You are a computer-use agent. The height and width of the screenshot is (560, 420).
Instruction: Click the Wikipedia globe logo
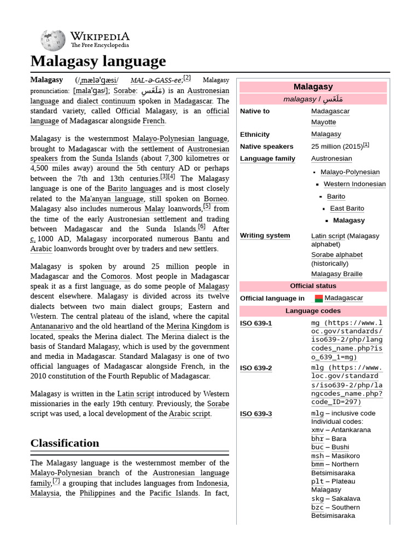53,39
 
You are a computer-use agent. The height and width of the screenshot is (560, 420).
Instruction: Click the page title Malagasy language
98,61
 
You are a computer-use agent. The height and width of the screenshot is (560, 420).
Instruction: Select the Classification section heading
65,443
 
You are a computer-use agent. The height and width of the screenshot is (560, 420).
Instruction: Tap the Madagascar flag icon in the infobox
319,298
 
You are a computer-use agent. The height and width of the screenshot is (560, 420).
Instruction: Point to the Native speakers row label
266,147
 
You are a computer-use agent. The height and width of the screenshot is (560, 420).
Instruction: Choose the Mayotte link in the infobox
323,122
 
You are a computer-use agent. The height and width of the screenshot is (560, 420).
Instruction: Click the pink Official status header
313,286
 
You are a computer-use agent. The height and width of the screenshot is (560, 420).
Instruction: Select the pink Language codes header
313,311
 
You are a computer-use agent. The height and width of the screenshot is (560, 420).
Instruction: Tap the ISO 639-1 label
255,323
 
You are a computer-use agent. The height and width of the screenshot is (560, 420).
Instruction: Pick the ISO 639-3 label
255,414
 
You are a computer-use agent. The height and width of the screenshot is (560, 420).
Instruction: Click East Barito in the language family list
347,208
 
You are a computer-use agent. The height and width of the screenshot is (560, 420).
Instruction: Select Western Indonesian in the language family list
354,184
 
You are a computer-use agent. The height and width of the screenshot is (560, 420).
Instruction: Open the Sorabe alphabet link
337,255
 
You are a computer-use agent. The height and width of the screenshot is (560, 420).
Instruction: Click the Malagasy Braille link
337,274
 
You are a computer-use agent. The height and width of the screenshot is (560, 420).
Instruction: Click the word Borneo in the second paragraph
215,199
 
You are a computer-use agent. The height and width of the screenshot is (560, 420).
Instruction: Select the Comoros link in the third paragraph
115,277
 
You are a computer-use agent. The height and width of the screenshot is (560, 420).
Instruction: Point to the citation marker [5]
207,207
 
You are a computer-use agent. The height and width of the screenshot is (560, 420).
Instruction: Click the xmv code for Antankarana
317,430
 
